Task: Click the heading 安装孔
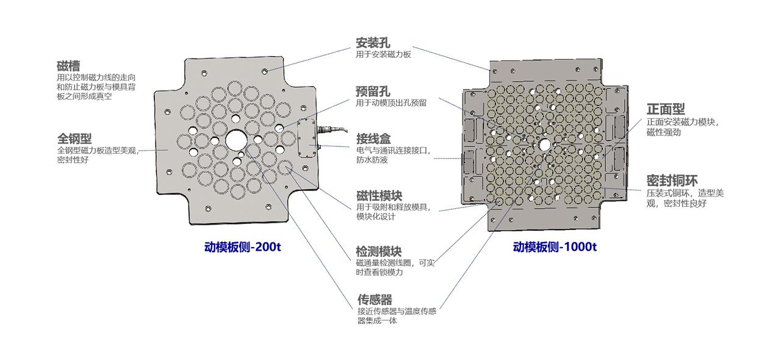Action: click(373, 43)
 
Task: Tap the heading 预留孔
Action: click(373, 92)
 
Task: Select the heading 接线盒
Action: click(373, 138)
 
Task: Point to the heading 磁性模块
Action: click(379, 196)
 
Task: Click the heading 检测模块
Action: click(379, 251)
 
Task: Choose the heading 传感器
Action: click(375, 300)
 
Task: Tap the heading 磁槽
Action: click(68, 67)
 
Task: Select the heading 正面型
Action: click(666, 110)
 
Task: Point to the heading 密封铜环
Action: click(672, 181)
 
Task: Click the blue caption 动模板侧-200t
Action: click(242, 247)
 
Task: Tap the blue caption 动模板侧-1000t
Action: click(555, 247)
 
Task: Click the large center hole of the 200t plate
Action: click(235, 139)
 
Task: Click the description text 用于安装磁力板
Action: click(383, 54)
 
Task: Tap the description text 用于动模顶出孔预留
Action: click(391, 103)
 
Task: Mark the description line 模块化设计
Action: click(376, 217)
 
